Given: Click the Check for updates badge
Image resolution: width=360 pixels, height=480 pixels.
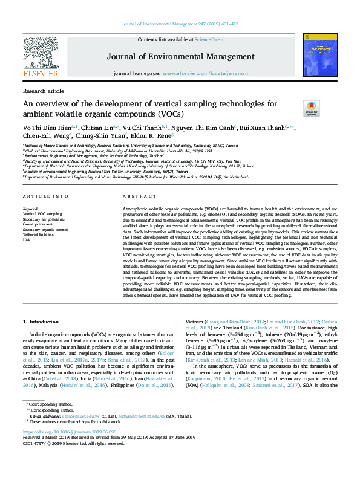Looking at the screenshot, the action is pyautogui.click(x=310, y=108).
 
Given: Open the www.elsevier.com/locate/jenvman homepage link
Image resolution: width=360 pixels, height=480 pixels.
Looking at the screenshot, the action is pyautogui.click(x=197, y=73).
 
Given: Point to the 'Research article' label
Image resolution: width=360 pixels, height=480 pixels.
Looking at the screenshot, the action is pyautogui.click(x=43, y=91).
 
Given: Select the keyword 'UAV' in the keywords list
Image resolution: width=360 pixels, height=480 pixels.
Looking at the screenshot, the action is pyautogui.click(x=26, y=239).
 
